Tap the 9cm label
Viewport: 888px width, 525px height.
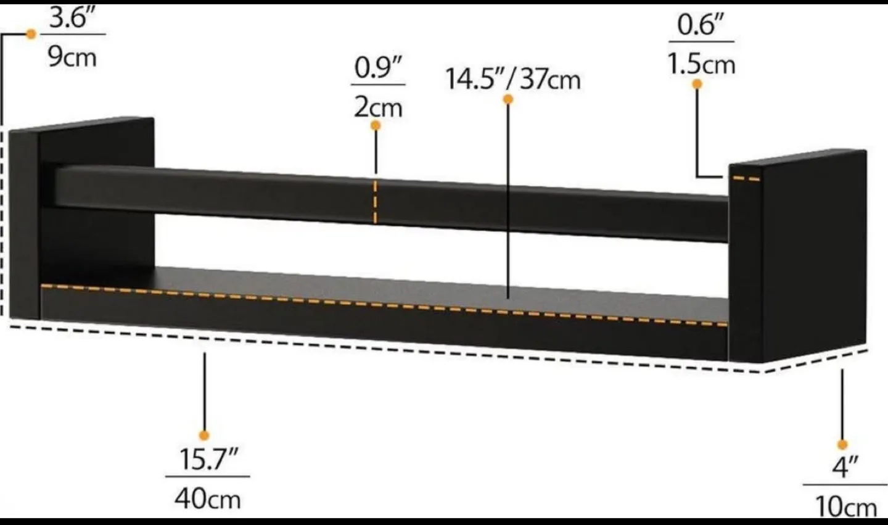[x=72, y=57]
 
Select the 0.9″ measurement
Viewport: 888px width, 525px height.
[x=378, y=68]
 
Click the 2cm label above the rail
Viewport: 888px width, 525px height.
[x=377, y=107]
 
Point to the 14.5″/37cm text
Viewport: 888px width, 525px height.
[x=513, y=80]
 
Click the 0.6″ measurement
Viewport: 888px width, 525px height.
[x=700, y=25]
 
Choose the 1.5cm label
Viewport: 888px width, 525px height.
[x=702, y=64]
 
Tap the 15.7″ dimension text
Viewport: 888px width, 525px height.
[x=208, y=460]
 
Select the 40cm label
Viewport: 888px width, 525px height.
[x=207, y=498]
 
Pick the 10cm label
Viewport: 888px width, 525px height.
[x=845, y=507]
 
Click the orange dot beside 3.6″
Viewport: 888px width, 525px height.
[x=31, y=34]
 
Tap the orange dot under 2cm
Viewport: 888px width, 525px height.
[x=375, y=125]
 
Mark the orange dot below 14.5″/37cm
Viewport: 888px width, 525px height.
[x=508, y=99]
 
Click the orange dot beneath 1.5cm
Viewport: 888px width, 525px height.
[x=697, y=84]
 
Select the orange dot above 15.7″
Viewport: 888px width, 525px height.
[x=205, y=436]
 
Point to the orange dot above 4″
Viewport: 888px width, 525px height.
[x=842, y=444]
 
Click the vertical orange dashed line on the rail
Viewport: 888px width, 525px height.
[x=375, y=202]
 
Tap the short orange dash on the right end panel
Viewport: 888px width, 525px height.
[x=746, y=179]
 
